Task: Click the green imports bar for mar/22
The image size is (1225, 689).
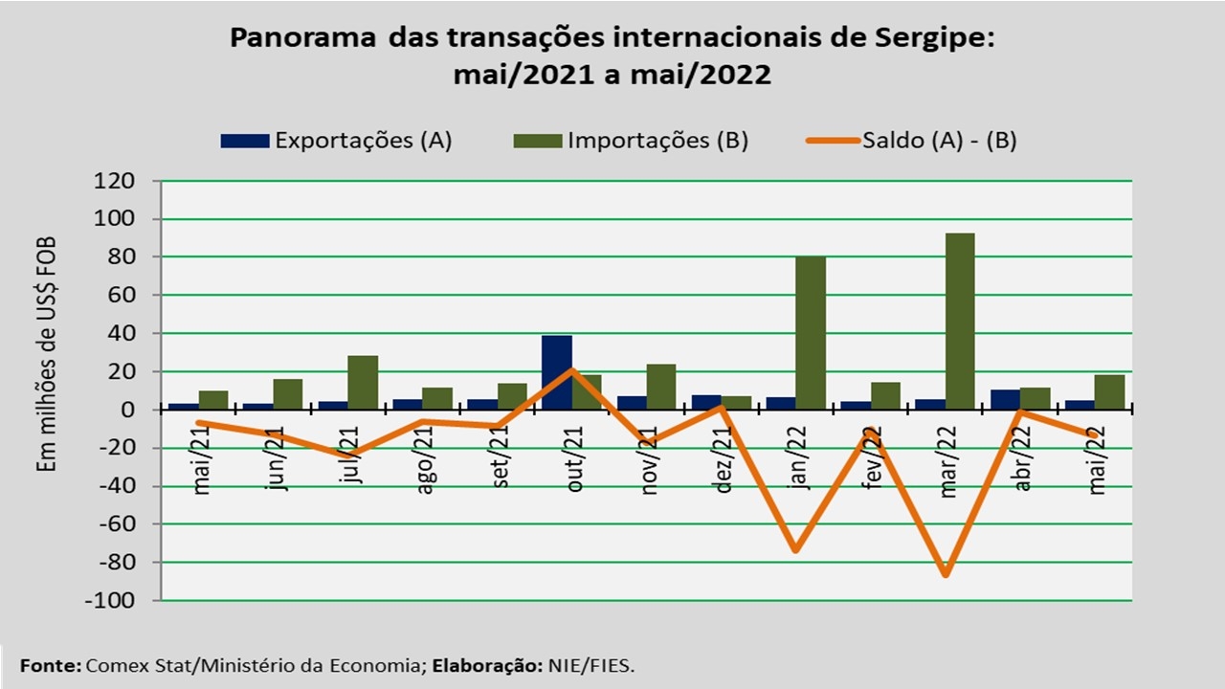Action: (x=960, y=322)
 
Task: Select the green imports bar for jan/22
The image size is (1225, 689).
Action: (x=811, y=333)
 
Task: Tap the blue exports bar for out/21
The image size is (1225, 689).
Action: (x=557, y=372)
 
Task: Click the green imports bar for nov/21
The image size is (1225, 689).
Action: (x=661, y=387)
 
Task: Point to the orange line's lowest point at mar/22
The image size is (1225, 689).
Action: (x=946, y=574)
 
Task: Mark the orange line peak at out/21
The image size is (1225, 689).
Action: (x=571, y=370)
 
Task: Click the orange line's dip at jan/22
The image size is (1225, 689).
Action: (x=795, y=550)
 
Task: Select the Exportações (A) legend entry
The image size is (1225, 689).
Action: (x=336, y=141)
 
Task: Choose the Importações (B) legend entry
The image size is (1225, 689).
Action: (x=631, y=141)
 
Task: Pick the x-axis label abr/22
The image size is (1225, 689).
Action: (x=1024, y=458)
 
